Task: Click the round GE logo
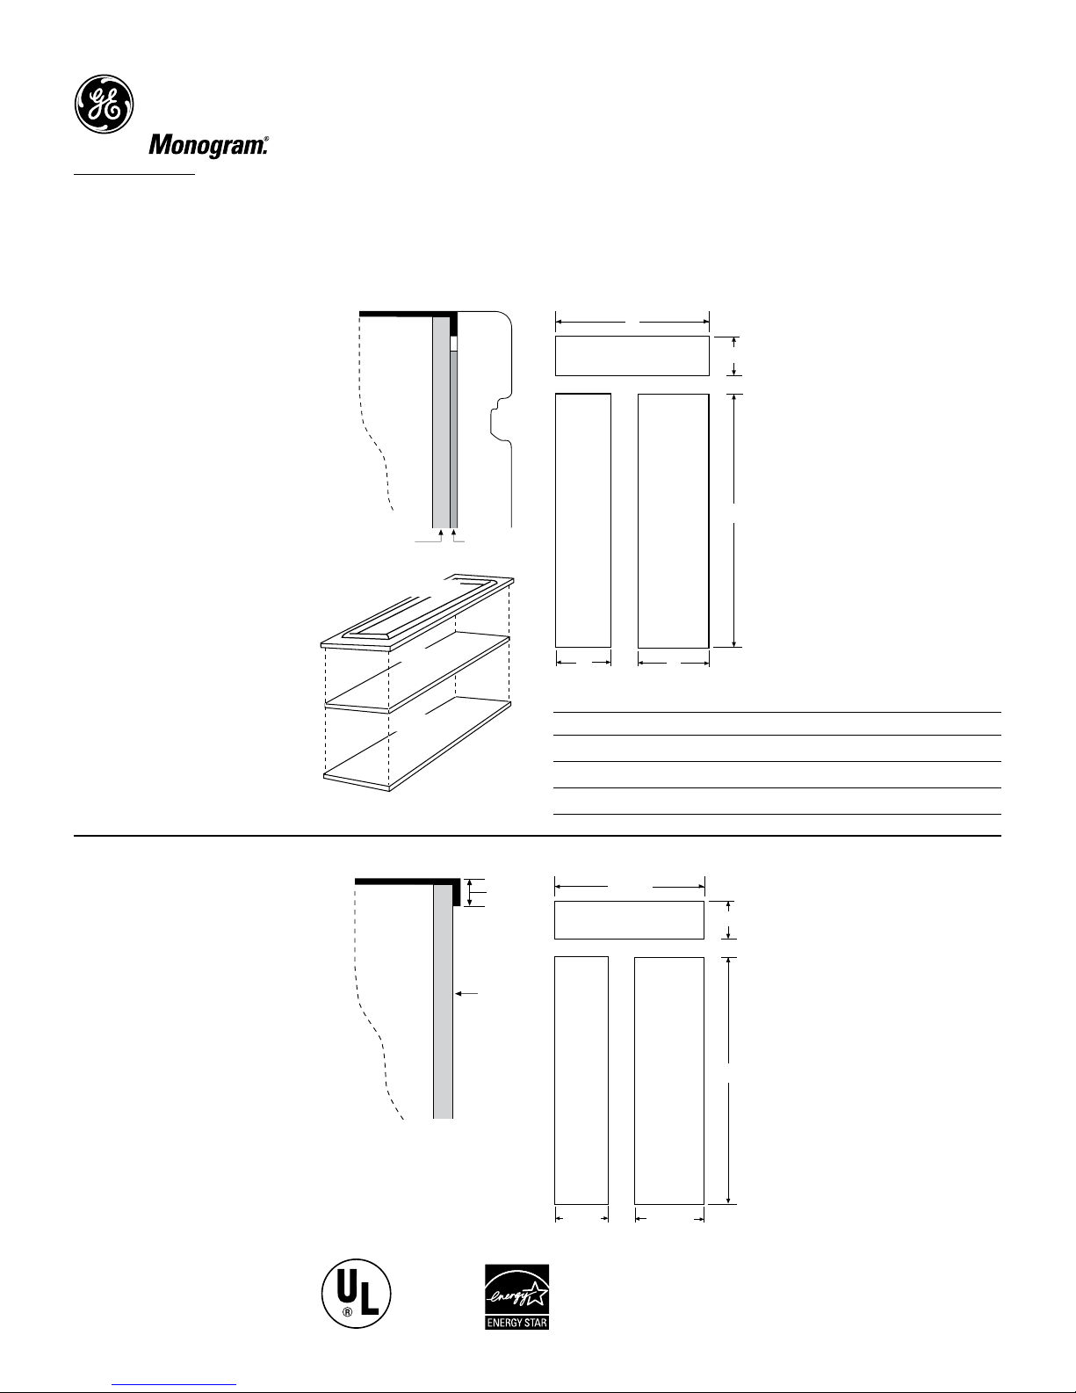(x=104, y=104)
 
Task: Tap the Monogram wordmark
(x=209, y=146)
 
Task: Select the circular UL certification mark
(x=356, y=1293)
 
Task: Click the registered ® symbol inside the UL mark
(x=346, y=1312)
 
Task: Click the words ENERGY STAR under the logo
(x=516, y=1322)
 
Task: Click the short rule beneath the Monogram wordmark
(x=134, y=173)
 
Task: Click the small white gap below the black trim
(x=453, y=344)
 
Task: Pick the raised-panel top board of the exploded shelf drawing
(x=417, y=613)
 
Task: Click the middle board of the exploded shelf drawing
(x=417, y=673)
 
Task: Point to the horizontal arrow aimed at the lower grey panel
(x=466, y=994)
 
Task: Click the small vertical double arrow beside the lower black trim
(x=469, y=892)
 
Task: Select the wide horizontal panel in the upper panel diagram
(x=632, y=356)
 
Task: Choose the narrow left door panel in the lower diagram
(x=581, y=1080)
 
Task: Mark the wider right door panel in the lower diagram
(x=669, y=1081)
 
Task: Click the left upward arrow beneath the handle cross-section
(x=441, y=536)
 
